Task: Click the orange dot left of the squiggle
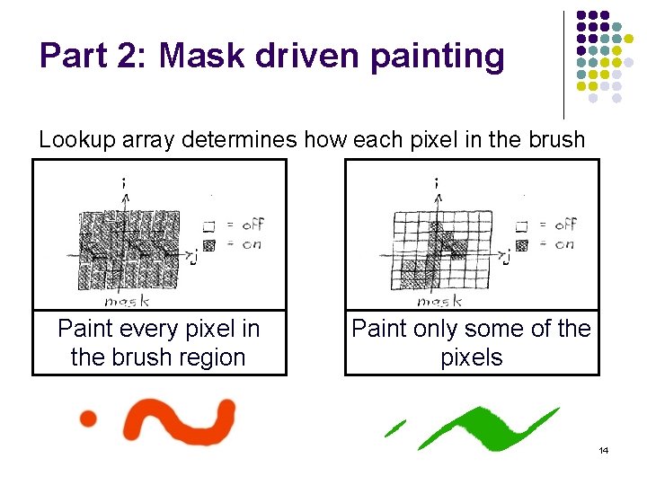pos(88,418)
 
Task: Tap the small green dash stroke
pos(394,428)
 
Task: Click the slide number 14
pos(604,450)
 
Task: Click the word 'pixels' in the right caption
pos(472,357)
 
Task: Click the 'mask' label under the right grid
pos(439,302)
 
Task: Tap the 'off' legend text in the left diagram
pos(253,225)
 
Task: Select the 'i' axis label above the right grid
pos(436,182)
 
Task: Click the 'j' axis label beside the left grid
pos(192,258)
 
